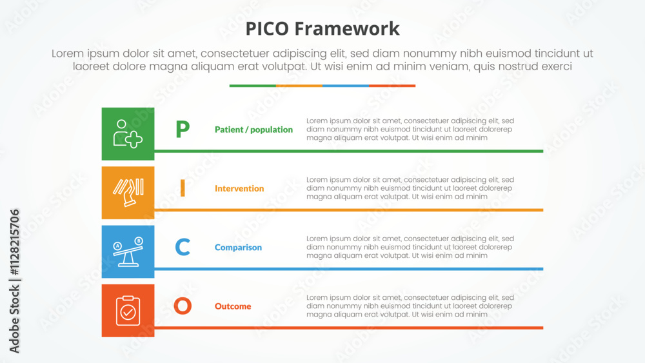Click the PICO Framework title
pos(322,29)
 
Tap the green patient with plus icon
pos(128,133)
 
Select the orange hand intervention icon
pos(128,192)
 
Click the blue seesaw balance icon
pos(128,251)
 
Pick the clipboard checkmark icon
pos(128,310)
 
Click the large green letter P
pos(183,129)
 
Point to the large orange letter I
pos(183,188)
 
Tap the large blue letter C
pos(183,247)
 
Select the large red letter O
pos(183,306)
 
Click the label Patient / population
pos(253,130)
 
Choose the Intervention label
pos(239,188)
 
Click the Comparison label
pos(238,248)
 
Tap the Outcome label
pos(233,306)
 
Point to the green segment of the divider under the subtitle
pos(253,86)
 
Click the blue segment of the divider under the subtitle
pos(346,86)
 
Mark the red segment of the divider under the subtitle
pos(392,86)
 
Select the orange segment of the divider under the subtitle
pos(299,86)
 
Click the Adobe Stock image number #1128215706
pos(14,242)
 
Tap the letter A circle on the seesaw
pos(117,246)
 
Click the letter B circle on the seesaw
pos(139,241)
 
